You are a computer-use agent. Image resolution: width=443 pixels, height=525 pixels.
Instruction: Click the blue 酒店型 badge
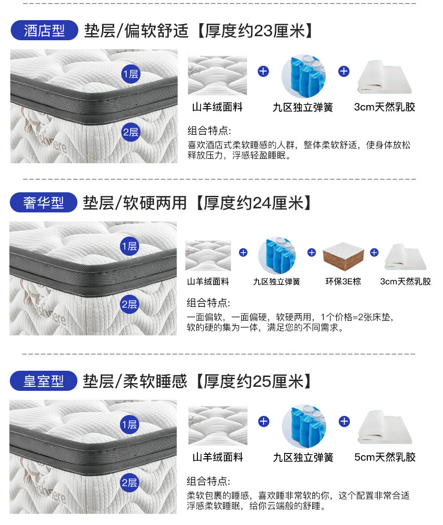point(44,31)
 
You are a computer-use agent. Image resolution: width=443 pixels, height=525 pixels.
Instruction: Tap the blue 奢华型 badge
point(43,203)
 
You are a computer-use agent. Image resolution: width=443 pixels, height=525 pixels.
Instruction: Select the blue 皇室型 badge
point(43,381)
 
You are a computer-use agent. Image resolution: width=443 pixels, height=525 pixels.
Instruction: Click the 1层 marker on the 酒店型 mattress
point(131,74)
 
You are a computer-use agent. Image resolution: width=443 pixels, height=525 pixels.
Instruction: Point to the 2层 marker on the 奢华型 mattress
point(129,304)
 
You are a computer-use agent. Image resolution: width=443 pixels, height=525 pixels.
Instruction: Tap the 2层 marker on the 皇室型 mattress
point(129,483)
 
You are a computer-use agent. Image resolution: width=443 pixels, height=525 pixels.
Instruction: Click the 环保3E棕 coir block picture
point(343,257)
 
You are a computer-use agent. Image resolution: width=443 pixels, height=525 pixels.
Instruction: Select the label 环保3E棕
point(343,282)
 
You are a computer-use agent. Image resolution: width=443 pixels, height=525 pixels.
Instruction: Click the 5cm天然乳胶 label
point(385,457)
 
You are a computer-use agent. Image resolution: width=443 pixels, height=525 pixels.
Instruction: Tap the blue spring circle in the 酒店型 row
point(303,76)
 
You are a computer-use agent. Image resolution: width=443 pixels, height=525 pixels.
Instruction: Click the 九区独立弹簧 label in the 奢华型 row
point(277,282)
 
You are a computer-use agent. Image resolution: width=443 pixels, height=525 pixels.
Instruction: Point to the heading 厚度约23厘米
point(255,31)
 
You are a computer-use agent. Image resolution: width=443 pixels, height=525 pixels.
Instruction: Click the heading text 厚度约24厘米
point(254,203)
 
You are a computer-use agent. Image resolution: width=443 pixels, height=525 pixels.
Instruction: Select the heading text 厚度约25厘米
point(254,381)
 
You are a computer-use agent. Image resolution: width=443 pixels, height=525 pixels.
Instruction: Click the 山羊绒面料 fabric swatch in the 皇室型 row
point(218,426)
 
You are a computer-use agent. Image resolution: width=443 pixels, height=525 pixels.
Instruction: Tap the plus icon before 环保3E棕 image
point(311,253)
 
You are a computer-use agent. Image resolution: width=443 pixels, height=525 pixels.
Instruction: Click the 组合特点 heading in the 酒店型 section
point(209,131)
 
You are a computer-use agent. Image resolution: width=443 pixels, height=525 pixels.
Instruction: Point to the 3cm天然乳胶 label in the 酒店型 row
point(385,107)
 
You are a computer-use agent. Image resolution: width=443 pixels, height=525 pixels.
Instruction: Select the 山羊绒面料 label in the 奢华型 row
point(208,282)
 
